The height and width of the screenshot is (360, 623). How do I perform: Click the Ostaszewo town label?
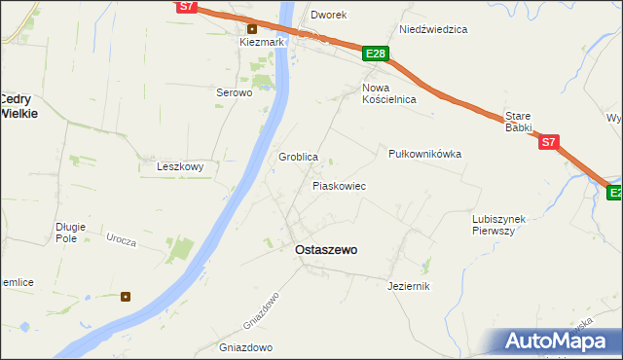click(325, 250)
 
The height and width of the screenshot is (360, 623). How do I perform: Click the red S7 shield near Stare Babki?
click(549, 142)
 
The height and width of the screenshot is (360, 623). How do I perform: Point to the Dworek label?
click(328, 16)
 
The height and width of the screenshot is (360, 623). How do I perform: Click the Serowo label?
click(234, 93)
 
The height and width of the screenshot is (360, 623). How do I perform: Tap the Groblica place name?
click(299, 157)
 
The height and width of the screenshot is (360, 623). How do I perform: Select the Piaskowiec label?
click(339, 185)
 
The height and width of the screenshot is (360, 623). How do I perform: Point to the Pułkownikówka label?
click(424, 154)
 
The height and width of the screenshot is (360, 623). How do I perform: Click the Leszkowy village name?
click(180, 166)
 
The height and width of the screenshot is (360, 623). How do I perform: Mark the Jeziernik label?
click(408, 286)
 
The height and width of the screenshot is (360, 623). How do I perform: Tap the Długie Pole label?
click(71, 233)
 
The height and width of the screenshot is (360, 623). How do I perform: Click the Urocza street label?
click(121, 239)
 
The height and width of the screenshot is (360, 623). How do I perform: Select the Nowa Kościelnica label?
click(389, 93)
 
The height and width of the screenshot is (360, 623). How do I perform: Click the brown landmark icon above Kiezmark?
click(251, 27)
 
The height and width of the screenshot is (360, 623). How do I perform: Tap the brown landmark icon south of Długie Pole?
click(126, 296)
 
